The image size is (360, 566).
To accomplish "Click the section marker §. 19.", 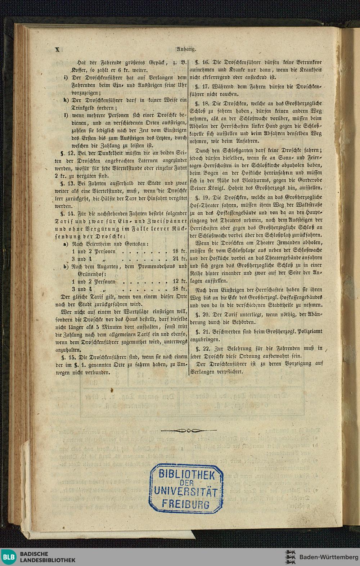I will (203, 198).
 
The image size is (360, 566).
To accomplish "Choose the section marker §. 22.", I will (203, 349).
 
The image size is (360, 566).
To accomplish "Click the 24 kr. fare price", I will (179, 259).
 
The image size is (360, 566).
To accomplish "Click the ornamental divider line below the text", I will (189, 430).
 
